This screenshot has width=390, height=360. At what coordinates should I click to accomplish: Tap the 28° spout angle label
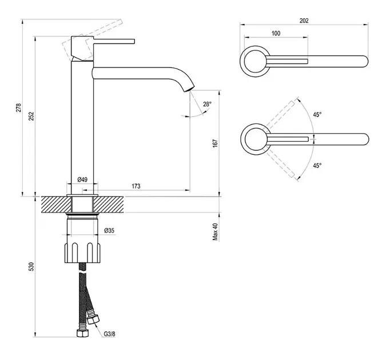point(207,103)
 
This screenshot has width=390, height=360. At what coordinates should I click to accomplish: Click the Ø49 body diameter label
point(82,180)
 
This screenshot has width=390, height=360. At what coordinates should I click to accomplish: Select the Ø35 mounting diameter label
point(110,231)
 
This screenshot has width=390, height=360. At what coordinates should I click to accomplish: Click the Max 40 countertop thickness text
point(216,231)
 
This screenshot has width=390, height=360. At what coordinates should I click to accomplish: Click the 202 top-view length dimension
point(304,21)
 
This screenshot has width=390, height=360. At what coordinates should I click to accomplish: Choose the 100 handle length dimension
point(276,34)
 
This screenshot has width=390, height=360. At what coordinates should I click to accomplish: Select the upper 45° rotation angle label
point(317,114)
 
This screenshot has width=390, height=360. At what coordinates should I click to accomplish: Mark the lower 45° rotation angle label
point(317,165)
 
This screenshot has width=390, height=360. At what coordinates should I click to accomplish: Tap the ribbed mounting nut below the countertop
point(83,250)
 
